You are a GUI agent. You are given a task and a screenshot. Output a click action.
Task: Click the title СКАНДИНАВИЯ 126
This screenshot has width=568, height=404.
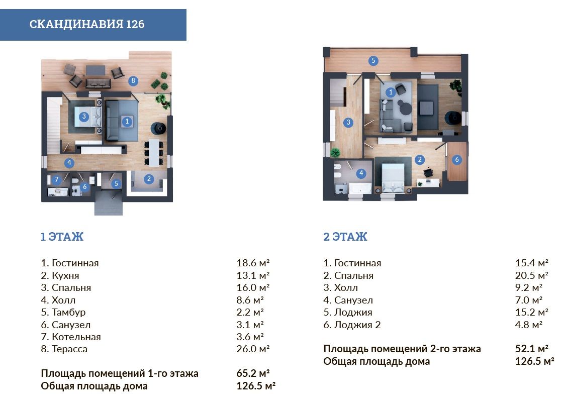click(87, 24)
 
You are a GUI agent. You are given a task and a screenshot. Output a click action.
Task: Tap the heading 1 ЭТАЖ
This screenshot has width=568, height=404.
click(62, 237)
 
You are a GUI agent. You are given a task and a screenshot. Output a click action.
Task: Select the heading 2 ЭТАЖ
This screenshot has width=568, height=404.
click(345, 237)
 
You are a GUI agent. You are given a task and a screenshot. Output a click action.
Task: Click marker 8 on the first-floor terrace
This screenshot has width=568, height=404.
click(133, 81)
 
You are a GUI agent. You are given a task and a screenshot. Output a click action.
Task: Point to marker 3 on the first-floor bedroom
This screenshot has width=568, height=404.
click(84, 116)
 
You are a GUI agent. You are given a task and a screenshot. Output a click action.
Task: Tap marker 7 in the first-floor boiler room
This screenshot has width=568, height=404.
click(56, 179)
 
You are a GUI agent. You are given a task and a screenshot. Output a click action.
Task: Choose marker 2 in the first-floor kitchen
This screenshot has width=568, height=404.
click(149, 178)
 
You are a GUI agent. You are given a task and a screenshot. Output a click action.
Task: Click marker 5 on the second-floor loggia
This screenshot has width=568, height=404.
click(373, 60)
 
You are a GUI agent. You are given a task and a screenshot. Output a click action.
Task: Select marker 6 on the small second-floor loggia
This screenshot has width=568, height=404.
click(457, 159)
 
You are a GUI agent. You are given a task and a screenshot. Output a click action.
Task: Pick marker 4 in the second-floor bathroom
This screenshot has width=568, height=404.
click(361, 173)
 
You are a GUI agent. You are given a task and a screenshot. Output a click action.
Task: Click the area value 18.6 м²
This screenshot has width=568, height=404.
click(253, 263)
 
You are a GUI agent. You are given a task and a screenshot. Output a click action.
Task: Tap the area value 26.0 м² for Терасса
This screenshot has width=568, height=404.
click(253, 349)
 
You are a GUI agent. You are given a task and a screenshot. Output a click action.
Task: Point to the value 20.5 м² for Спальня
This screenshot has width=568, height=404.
click(532, 275)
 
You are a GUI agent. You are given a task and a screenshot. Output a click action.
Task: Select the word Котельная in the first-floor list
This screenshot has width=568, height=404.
click(76, 337)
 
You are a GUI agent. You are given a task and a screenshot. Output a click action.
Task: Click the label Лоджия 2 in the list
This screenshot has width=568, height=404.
click(357, 325)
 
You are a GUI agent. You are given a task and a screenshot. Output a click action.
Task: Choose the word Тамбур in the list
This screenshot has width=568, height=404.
click(69, 313)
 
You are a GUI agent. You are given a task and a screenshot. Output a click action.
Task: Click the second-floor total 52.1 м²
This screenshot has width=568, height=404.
click(532, 349)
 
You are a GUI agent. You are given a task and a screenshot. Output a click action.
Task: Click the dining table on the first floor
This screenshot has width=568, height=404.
click(154, 152)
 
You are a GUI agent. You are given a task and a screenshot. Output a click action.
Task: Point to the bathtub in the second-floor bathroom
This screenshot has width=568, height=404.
click(360, 188)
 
